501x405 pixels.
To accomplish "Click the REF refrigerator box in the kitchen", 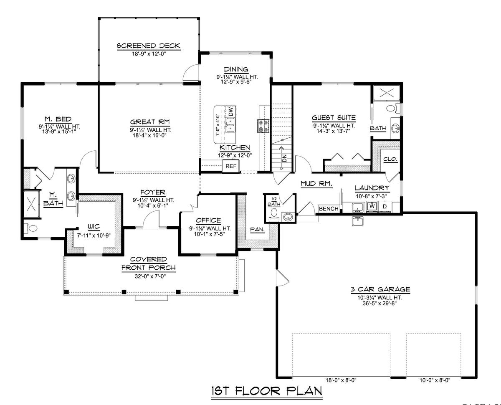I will [231, 166].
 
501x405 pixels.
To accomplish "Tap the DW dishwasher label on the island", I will [230, 111].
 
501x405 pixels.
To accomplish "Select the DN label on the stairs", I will [284, 158].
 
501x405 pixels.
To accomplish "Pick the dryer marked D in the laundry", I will [385, 206].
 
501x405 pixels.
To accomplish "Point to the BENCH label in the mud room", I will [329, 208].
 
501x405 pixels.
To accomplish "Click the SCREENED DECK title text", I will [148, 46].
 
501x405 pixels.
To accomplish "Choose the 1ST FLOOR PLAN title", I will [266, 391].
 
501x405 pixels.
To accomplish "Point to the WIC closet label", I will [94, 227].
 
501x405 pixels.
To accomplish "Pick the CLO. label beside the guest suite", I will [390, 159].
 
